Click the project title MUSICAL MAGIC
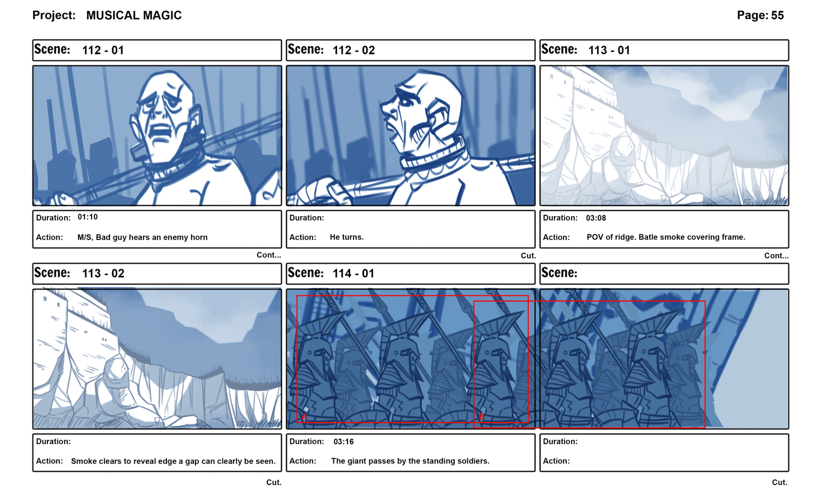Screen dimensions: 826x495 point(134,15)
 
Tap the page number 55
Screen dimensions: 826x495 point(777,15)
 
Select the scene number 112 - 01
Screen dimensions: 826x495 point(103,50)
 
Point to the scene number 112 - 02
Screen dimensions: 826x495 point(354,50)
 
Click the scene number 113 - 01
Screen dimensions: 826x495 point(609,50)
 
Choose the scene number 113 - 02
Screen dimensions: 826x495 point(103,274)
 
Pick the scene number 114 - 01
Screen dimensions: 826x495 point(353,274)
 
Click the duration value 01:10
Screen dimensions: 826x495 point(87,217)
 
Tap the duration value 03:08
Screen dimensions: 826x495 point(596,218)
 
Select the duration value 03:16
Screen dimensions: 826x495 point(343,442)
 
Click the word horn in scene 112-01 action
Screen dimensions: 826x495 point(199,237)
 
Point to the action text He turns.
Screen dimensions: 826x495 point(346,237)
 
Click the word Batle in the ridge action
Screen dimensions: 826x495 point(650,237)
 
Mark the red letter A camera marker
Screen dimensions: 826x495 point(304,417)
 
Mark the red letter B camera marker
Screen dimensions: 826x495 point(481,417)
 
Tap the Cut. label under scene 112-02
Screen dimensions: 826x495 point(528,256)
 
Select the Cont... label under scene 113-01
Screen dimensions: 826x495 point(776,256)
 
